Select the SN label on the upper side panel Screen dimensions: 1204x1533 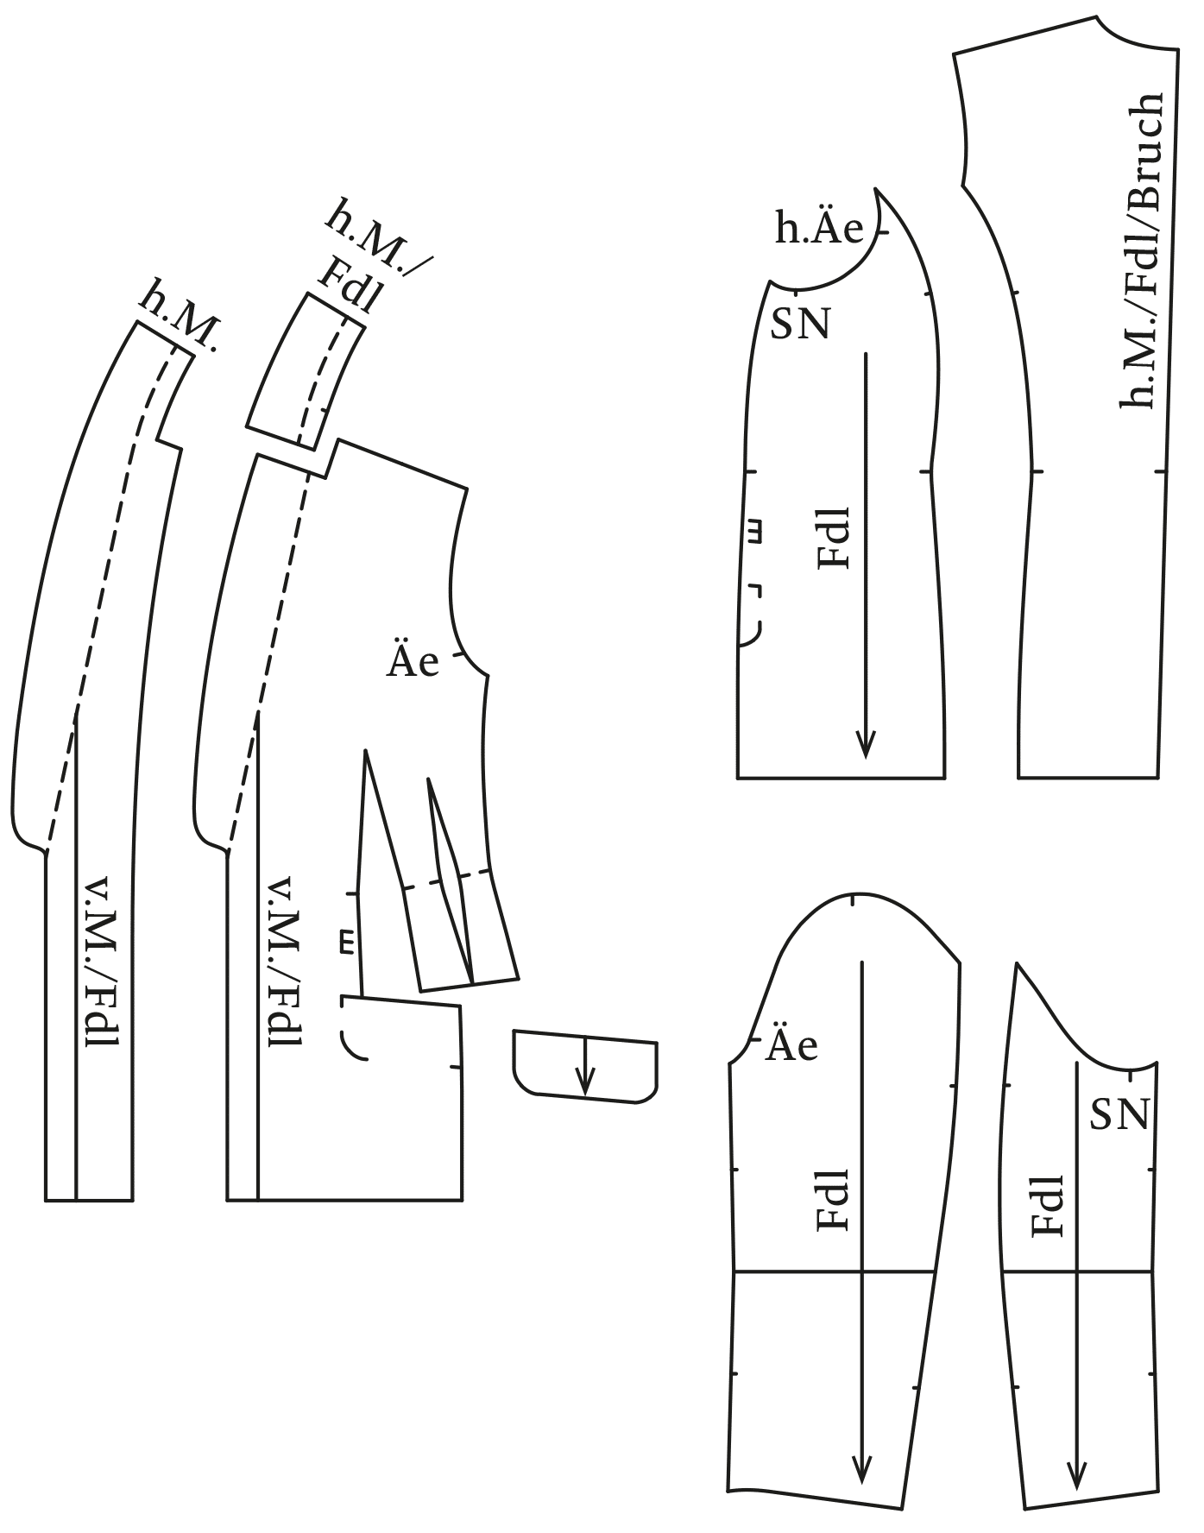pyautogui.click(x=799, y=325)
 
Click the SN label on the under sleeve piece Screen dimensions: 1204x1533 pyautogui.click(x=1119, y=1114)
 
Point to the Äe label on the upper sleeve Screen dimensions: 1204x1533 pyautogui.click(x=791, y=1045)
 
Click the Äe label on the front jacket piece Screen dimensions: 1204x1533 pyautogui.click(x=413, y=661)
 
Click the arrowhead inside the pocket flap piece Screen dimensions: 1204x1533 pyautogui.click(x=586, y=1083)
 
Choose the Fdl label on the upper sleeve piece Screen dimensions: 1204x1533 pyautogui.click(x=833, y=1200)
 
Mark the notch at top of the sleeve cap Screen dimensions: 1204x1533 pyautogui.click(x=853, y=901)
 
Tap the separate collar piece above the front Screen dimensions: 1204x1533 pyautogui.click(x=303, y=371)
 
